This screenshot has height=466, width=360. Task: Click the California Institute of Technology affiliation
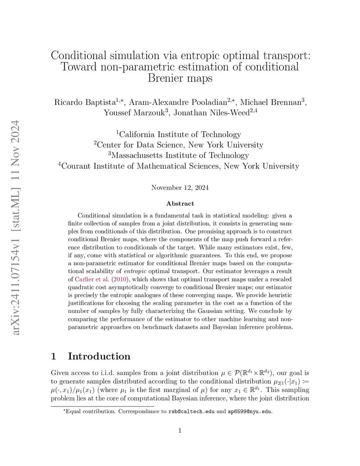tap(180, 134)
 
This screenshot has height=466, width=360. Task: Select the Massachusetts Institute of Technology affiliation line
tap(180, 155)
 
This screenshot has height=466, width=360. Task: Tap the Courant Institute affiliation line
tap(180, 166)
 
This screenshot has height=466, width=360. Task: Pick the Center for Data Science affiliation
tap(180, 145)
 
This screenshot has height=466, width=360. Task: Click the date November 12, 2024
tap(180, 188)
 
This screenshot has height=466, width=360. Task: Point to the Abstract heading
tap(180, 203)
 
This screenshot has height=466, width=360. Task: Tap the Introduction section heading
tap(99, 356)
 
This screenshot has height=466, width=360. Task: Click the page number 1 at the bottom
tap(180, 430)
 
